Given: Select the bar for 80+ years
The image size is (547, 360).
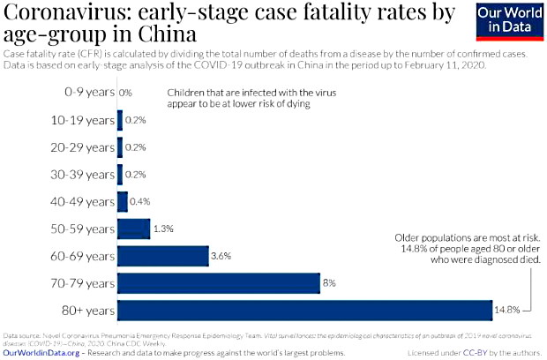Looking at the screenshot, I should pos(304,310).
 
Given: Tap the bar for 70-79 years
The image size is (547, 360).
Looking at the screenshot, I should pos(218,283).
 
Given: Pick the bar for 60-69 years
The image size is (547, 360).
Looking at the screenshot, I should pos(162,256).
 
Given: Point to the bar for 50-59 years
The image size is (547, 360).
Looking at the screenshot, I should pos(133,229).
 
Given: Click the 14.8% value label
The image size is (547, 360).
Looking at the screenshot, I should pos(513,310).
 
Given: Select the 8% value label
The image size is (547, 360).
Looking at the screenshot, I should pos(329,283).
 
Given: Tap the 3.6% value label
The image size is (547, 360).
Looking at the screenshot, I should pos(221,256).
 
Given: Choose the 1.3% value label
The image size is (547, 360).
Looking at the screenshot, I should pos(162,229).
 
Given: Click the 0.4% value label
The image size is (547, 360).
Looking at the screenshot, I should pos(140,201).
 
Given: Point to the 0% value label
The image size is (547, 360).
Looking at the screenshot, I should pos(125,93).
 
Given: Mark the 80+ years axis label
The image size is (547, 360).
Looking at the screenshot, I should pos(89,310).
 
